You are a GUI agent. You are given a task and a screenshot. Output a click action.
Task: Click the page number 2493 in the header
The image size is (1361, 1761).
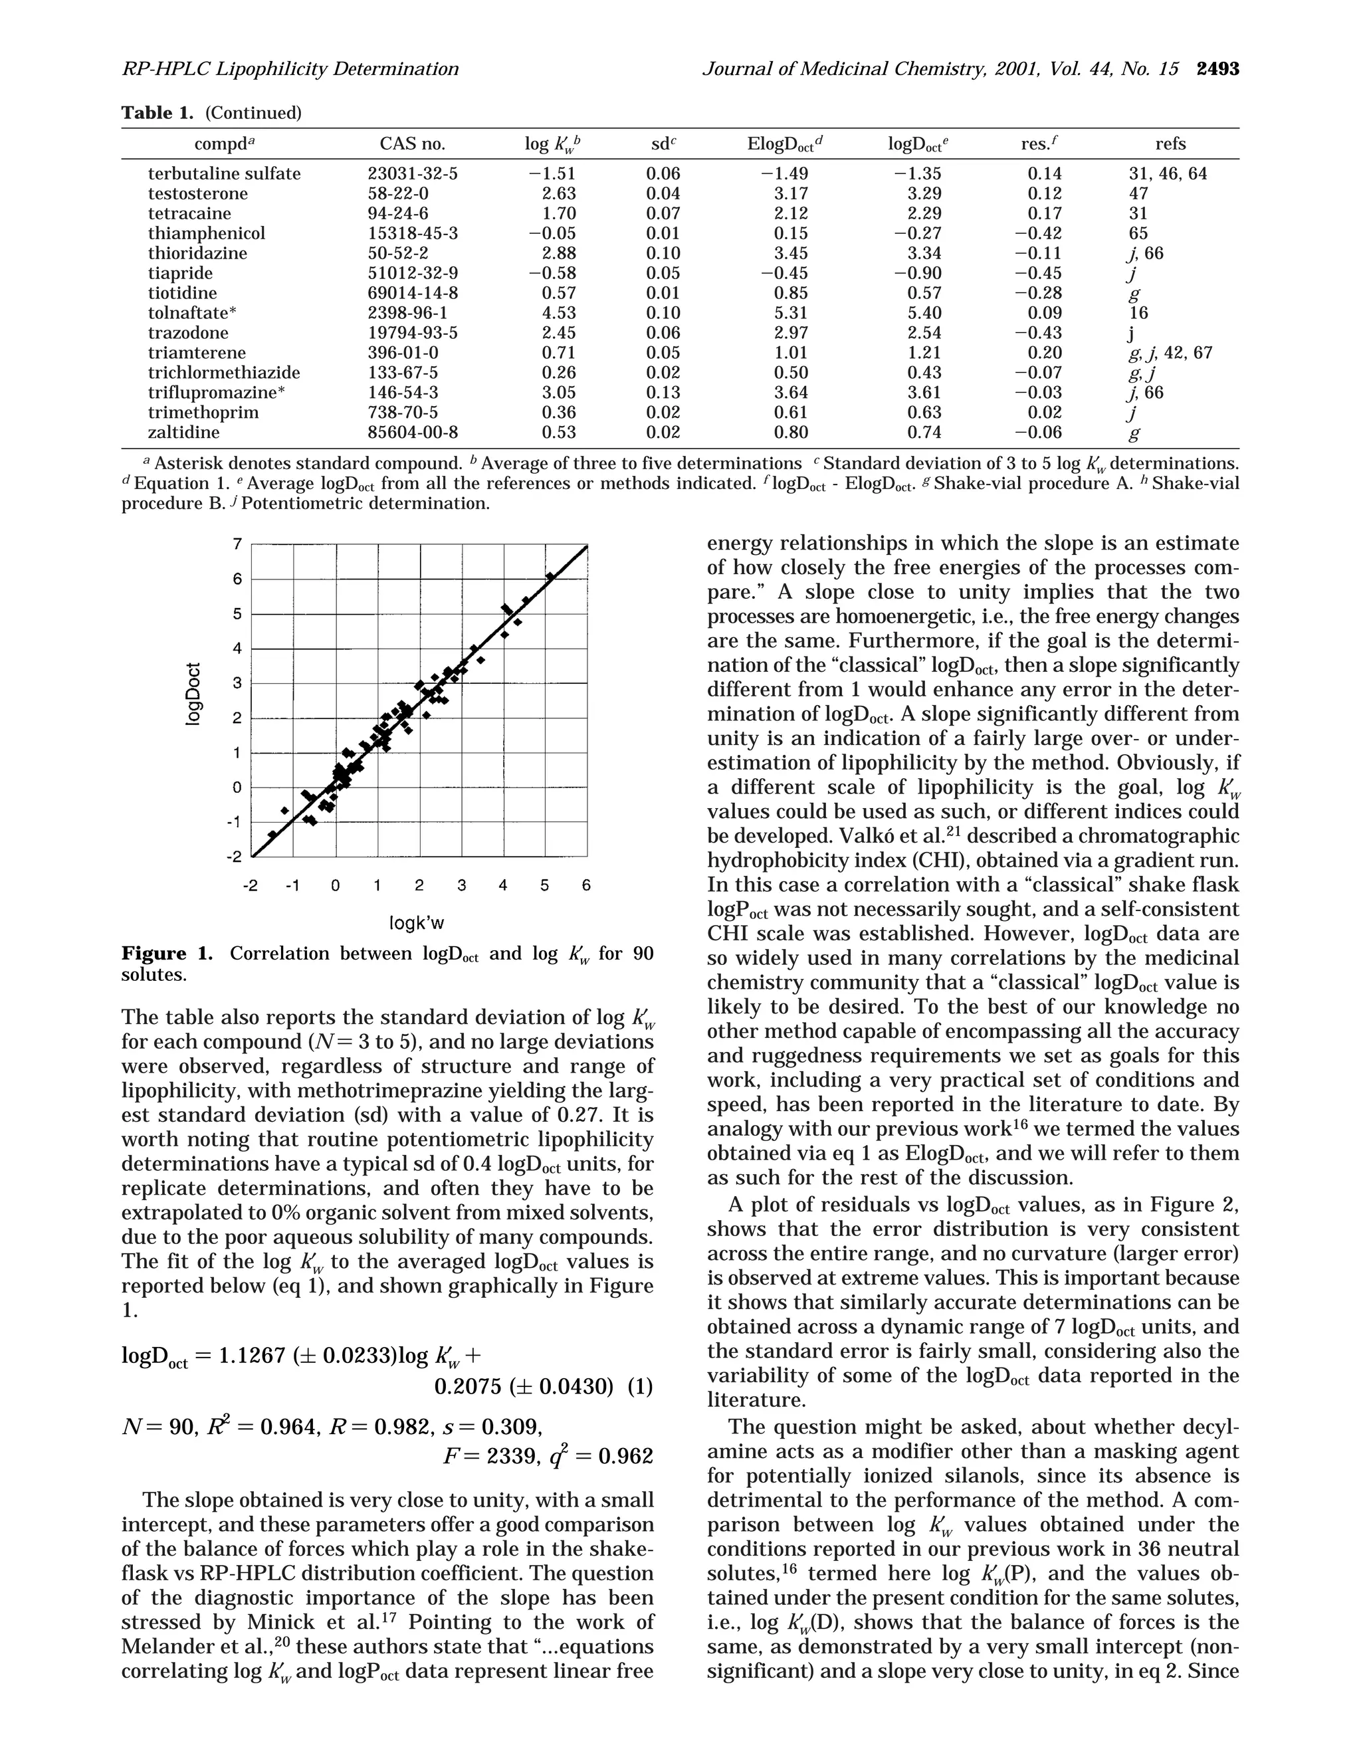(1217, 69)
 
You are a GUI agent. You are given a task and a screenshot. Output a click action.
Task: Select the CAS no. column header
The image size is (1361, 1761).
(412, 144)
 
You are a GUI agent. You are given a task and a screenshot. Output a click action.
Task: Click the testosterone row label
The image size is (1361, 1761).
(197, 193)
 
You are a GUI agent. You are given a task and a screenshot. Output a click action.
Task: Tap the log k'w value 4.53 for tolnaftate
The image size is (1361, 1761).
(559, 313)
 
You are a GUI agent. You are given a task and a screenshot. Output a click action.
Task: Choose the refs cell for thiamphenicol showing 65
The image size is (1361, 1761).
(1138, 233)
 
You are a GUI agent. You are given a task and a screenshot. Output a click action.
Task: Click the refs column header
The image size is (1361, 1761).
(1170, 144)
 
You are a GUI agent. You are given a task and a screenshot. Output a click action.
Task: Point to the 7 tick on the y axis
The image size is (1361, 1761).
(237, 544)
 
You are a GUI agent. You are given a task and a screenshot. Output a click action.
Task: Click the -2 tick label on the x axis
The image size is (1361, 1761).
(251, 885)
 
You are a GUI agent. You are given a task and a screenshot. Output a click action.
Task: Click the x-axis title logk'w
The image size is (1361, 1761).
(417, 922)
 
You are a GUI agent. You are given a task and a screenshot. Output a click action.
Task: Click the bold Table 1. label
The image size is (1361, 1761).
(157, 113)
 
